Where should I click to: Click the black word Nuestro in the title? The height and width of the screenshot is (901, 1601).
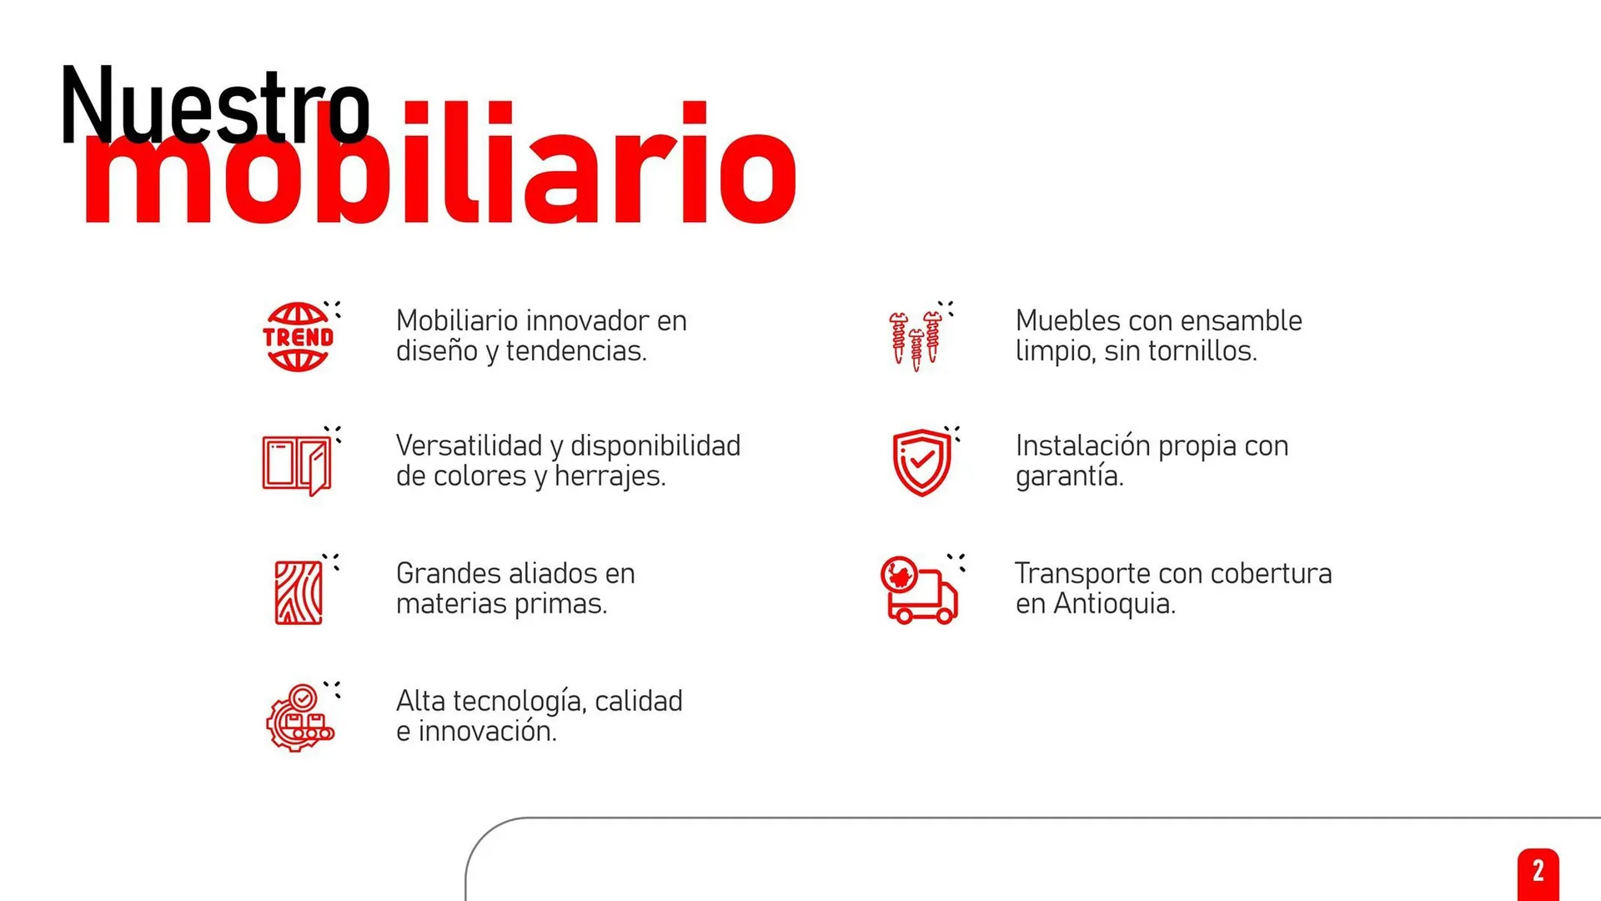point(214,107)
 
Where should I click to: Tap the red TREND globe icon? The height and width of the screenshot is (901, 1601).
point(298,337)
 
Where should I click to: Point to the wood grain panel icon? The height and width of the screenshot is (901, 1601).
point(299,592)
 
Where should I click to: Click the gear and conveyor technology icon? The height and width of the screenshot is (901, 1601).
point(300,718)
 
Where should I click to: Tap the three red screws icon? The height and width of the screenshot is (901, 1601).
point(916,340)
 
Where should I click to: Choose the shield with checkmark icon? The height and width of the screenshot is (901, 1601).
point(921,462)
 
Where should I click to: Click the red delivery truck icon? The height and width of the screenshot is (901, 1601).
point(919,591)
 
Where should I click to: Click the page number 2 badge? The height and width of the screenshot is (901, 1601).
point(1538,873)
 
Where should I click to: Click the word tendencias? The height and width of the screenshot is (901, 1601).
point(575,351)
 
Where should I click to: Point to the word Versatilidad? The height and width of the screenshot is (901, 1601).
point(469,446)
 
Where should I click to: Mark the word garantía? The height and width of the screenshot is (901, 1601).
point(1069,476)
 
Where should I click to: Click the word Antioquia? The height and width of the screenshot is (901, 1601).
point(1114,604)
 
